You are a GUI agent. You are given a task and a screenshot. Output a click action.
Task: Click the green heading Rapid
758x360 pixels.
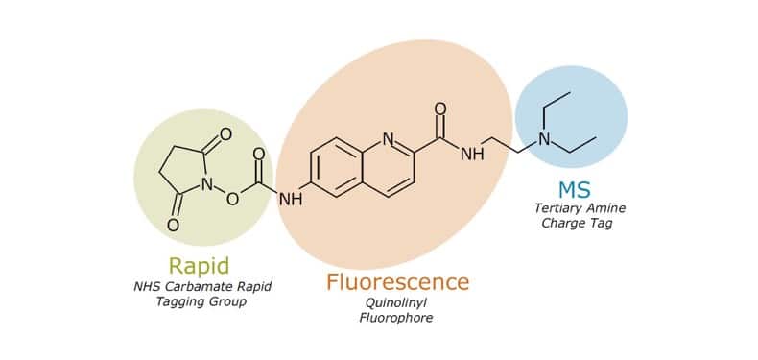(x=199, y=265)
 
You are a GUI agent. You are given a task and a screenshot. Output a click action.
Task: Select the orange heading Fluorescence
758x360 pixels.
(x=397, y=282)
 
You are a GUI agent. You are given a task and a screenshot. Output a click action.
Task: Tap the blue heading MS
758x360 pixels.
(x=572, y=188)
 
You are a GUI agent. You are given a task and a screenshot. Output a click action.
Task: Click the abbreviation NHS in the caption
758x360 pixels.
(x=149, y=286)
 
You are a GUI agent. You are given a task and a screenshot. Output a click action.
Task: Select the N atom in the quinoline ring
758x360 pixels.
(x=388, y=139)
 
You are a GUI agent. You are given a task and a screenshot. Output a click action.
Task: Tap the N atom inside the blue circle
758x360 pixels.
(x=544, y=140)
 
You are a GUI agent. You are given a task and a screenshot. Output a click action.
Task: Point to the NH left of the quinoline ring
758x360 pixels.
(x=289, y=200)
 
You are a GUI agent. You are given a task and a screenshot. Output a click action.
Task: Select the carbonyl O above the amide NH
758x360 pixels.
(x=440, y=107)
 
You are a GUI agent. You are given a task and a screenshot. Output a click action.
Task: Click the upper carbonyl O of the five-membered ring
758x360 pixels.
(x=225, y=135)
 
